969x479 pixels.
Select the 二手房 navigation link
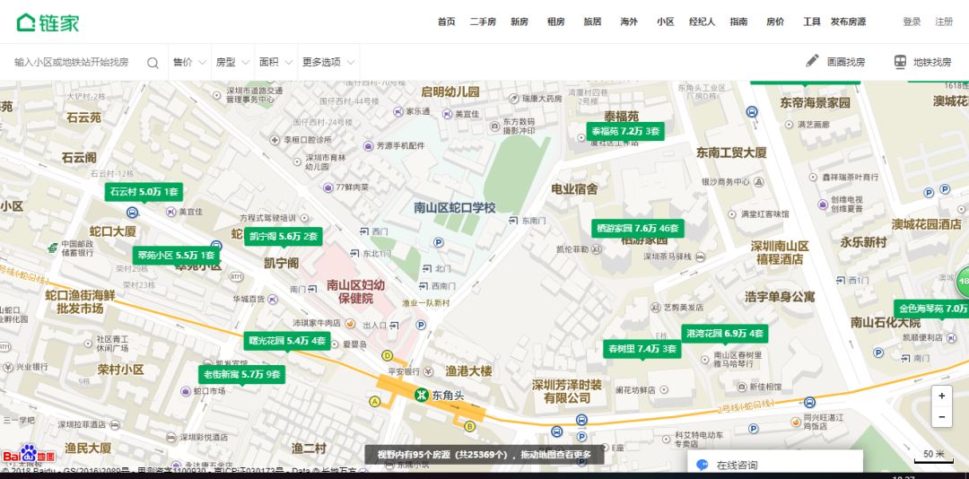point(482,22)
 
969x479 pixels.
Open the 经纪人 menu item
point(702,22)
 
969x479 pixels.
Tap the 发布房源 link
point(848,22)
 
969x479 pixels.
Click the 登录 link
point(912,22)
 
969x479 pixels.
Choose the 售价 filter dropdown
point(188,63)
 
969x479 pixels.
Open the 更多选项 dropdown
point(327,63)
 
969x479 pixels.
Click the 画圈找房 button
point(835,62)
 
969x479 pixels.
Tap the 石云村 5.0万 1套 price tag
point(144,192)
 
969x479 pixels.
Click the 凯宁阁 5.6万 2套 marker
point(283,237)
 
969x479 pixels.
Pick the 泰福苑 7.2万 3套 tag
point(625,131)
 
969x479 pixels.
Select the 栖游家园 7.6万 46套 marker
point(637,228)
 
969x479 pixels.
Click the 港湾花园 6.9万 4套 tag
point(725,334)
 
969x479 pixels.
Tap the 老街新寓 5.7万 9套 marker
point(241,374)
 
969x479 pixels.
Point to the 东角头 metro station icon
point(421,395)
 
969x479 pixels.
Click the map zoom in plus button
point(941,396)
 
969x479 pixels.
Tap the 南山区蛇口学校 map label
point(454,208)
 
